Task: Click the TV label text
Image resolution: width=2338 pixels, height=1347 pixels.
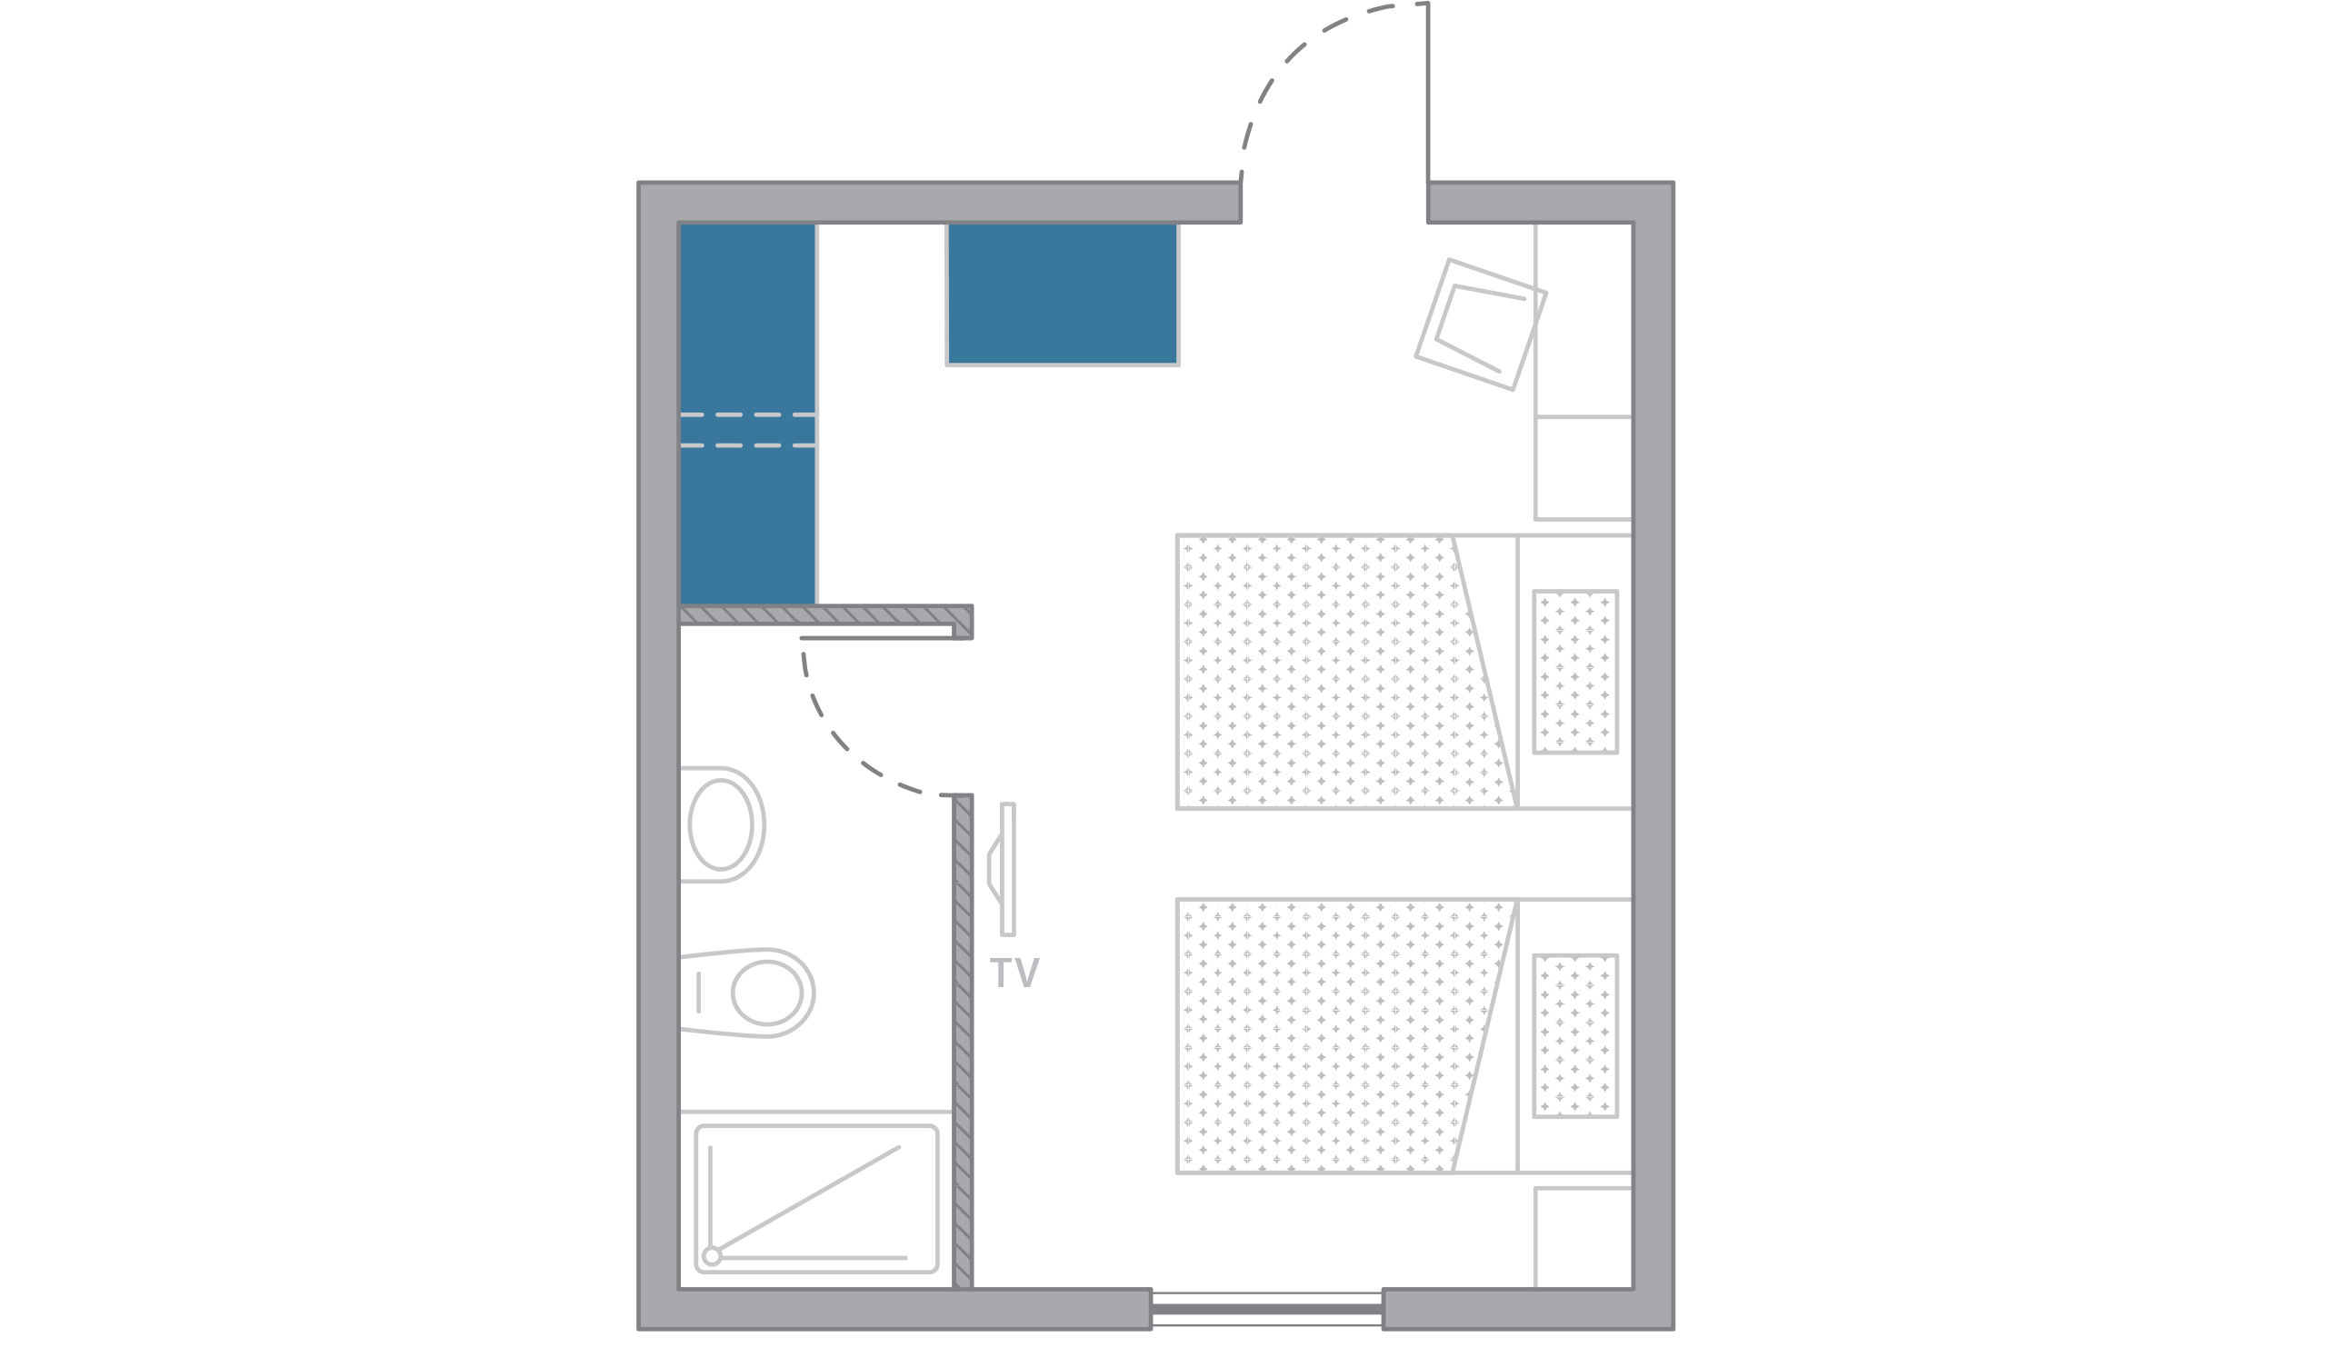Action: [x=1014, y=973]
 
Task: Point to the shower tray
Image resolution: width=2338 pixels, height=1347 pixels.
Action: [x=816, y=1199]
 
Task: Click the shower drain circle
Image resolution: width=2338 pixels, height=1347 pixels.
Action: [x=711, y=1255]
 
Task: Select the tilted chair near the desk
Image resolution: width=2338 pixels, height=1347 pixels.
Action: [x=1479, y=324]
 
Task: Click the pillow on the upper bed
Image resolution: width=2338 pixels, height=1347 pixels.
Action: [x=1574, y=672]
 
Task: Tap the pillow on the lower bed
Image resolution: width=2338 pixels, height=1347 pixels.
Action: [x=1574, y=1035]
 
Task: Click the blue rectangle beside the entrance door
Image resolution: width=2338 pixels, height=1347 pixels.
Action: [x=1061, y=294]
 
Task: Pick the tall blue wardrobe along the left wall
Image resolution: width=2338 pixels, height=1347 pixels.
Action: [x=747, y=414]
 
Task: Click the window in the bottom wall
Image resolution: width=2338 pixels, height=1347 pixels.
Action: [x=1265, y=1308]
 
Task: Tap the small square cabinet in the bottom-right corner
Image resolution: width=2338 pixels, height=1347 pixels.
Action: [x=1581, y=1238]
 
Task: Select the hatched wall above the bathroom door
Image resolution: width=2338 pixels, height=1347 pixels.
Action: [x=824, y=615]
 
